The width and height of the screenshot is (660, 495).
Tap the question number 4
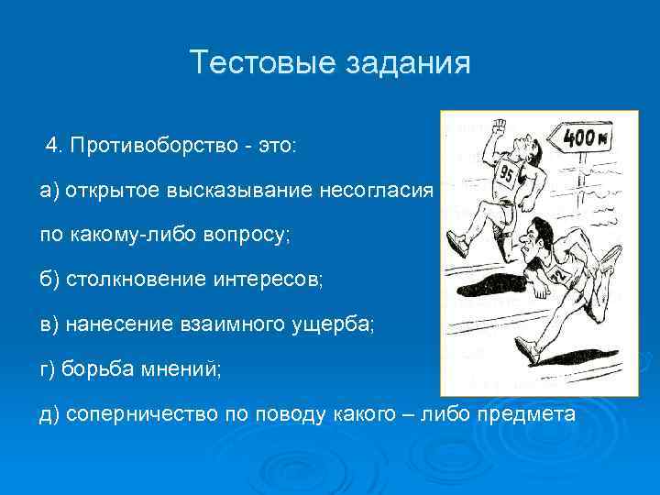coord(53,146)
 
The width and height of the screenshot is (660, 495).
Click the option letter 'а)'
coord(49,191)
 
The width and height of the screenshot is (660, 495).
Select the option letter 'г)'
coord(48,368)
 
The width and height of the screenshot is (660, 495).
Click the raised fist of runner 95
coord(498,126)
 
